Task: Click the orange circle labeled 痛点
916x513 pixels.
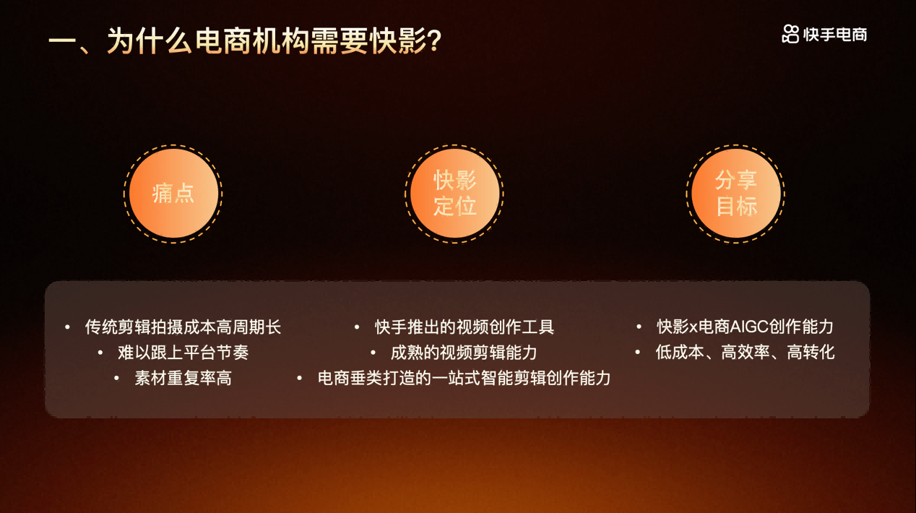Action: (173, 194)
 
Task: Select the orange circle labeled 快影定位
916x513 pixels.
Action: (455, 194)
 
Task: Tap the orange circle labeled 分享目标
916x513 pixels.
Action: (736, 194)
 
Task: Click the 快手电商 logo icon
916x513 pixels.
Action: (790, 34)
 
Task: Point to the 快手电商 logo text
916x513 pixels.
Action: (835, 34)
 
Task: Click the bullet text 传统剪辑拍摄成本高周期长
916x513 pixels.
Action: (183, 327)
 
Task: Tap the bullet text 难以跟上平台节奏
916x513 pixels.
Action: (183, 353)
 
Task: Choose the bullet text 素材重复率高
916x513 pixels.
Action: (183, 378)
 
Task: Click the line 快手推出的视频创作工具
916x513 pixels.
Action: (465, 327)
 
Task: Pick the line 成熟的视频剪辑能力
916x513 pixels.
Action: (464, 353)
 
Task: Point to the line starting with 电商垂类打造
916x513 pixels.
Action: (465, 378)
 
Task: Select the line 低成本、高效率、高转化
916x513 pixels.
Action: (745, 353)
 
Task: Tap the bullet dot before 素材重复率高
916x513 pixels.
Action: (116, 378)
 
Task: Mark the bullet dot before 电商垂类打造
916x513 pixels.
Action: (300, 378)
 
